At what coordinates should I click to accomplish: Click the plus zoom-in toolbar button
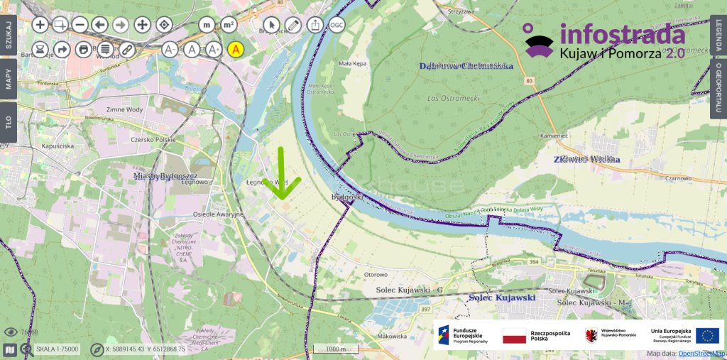40,25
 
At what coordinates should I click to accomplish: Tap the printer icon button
84,50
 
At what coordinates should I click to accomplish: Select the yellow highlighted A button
236,50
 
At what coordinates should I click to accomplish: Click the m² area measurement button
229,25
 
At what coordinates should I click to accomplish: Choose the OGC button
336,25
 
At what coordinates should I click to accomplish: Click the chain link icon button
126,50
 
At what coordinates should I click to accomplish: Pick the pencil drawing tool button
293,25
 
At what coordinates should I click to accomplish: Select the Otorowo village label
375,274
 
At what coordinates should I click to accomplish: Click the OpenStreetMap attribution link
701,353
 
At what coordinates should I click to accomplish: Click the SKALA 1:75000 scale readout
57,349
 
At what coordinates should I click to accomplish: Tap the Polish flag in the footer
515,336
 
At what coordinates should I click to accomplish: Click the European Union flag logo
707,336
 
